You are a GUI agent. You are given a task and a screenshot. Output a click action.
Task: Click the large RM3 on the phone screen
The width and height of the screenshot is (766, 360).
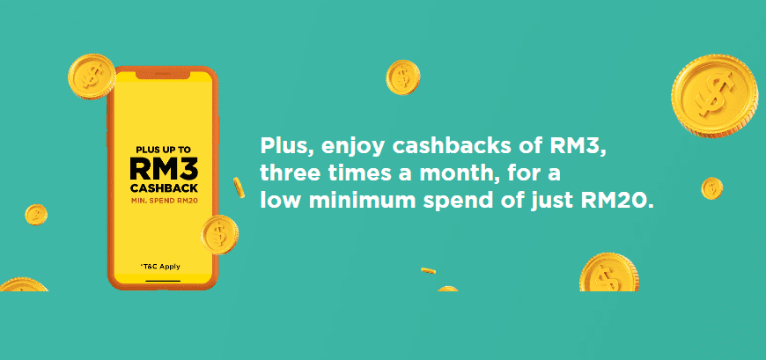164,169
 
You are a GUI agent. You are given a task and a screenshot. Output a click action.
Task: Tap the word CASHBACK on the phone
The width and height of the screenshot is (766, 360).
164,189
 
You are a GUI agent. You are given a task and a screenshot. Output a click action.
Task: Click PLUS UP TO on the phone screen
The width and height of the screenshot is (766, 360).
164,150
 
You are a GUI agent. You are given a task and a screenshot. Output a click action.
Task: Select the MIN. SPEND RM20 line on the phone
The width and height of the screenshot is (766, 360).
164,201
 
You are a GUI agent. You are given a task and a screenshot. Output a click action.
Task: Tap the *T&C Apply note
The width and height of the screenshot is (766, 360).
160,267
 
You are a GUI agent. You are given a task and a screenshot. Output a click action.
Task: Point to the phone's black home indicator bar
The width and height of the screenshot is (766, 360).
163,281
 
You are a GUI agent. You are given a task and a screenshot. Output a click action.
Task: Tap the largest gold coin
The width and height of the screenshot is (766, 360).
714,96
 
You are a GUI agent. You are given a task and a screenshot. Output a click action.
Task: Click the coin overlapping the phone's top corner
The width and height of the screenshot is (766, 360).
92,77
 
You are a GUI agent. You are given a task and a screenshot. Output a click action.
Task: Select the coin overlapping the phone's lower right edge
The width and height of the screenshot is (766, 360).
220,234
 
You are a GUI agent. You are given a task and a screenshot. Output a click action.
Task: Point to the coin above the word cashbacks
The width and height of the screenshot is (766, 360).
403,77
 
